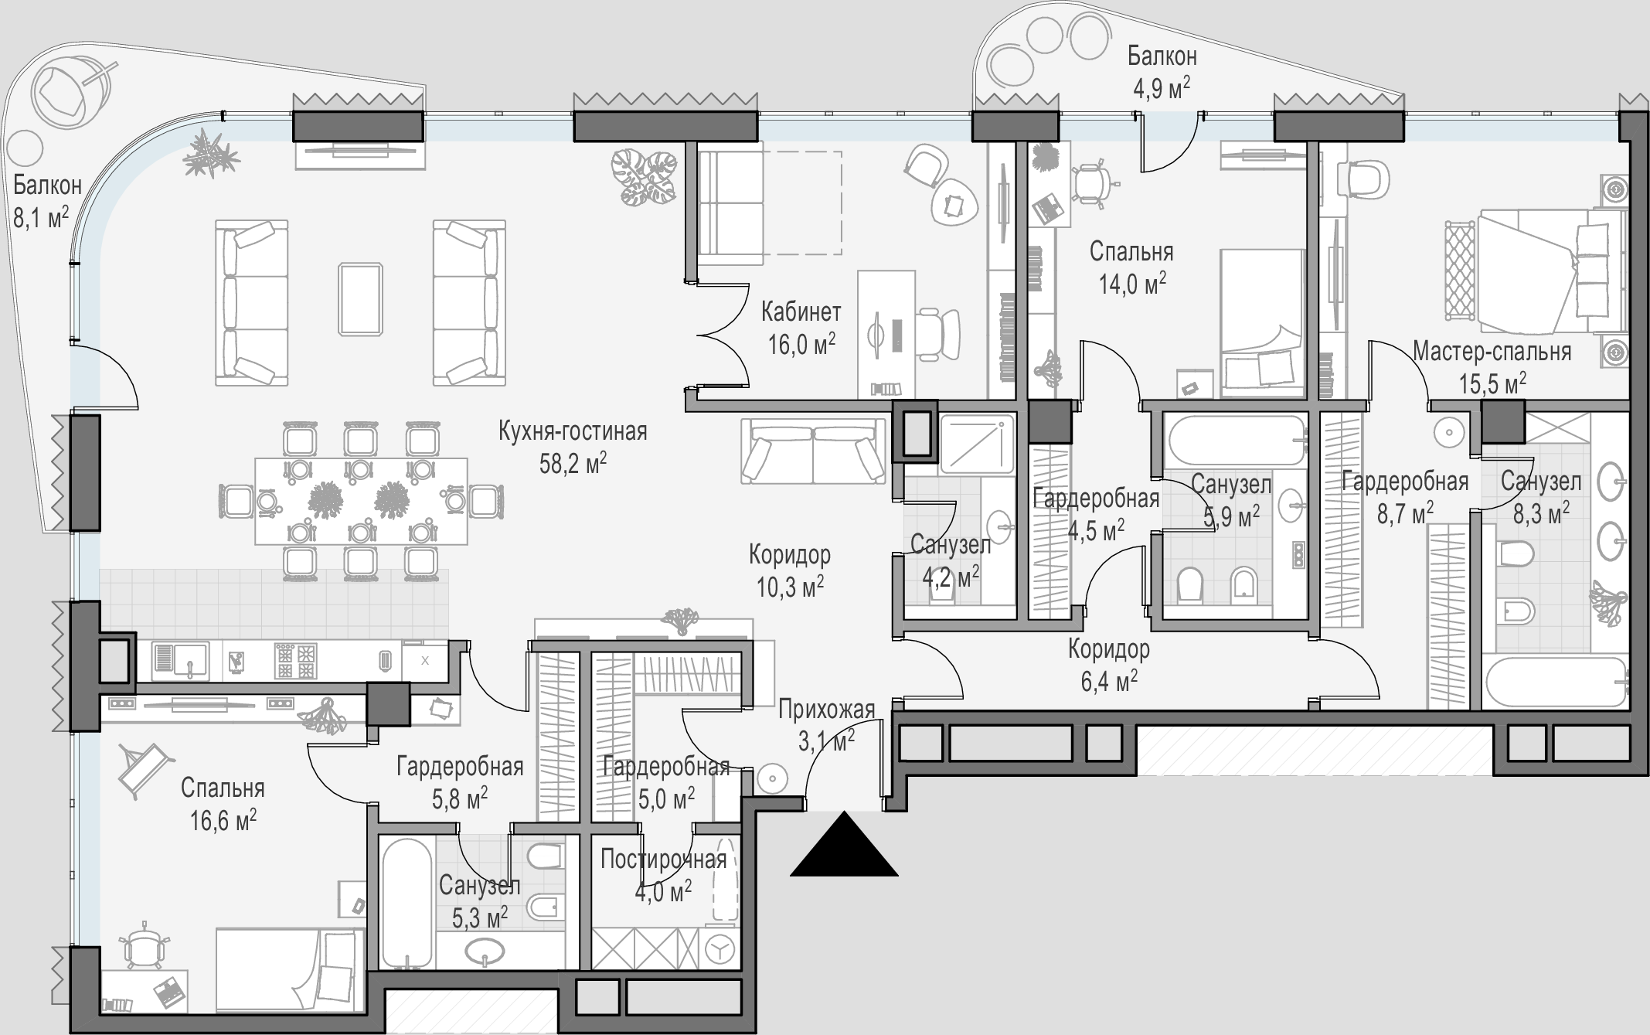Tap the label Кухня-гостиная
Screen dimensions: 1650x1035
point(573,431)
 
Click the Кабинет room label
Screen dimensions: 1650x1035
point(801,312)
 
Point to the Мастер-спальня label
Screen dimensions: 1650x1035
point(1492,352)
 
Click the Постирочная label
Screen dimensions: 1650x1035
point(664,860)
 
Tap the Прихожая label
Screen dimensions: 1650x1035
point(826,709)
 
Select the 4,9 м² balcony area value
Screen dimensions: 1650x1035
point(1161,88)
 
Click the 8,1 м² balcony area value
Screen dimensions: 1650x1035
point(41,218)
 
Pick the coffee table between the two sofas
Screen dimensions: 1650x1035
point(361,298)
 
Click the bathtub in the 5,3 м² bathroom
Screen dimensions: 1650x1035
point(406,902)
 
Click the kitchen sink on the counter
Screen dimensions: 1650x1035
point(181,661)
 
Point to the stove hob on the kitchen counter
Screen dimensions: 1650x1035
point(296,661)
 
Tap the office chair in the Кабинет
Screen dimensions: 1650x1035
point(937,335)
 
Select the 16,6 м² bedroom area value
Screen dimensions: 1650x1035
point(223,820)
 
